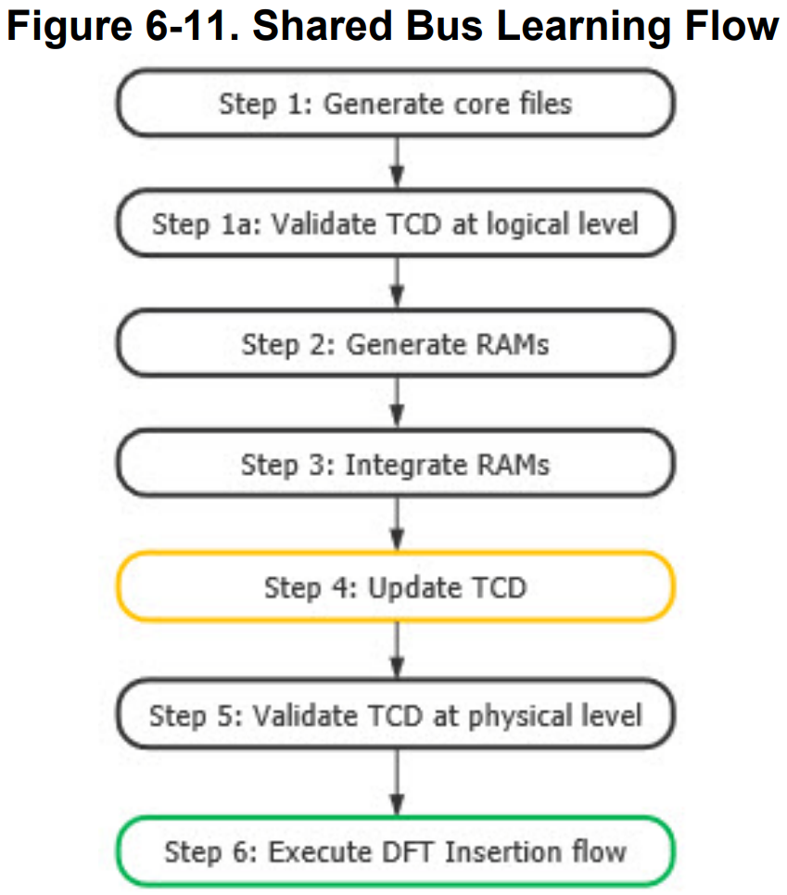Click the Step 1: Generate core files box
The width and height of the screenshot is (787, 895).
click(395, 103)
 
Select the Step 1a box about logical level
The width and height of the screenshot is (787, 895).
click(395, 224)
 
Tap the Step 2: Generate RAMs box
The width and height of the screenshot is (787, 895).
click(395, 344)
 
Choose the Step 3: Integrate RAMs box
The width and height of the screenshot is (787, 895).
click(395, 464)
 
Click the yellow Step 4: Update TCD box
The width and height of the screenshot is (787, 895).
click(395, 586)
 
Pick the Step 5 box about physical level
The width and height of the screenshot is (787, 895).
click(395, 716)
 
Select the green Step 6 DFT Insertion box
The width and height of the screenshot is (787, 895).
click(395, 850)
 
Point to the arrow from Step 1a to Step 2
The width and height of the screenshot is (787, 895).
click(397, 284)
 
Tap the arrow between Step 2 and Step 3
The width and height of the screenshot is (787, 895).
click(397, 404)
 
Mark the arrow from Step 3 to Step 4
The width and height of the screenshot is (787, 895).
click(397, 524)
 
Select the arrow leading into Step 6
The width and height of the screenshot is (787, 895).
click(397, 784)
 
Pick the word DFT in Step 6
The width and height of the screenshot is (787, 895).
click(412, 850)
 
